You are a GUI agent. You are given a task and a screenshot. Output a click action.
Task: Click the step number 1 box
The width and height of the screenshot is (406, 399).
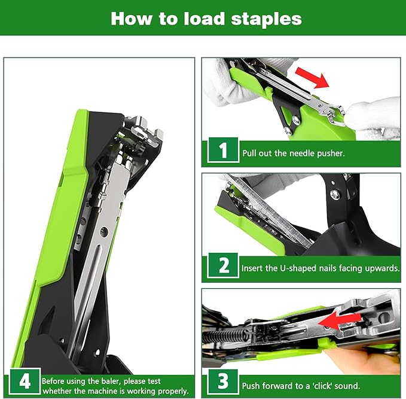[223, 151]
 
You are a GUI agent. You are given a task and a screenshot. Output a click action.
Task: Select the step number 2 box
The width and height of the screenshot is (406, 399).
[223, 266]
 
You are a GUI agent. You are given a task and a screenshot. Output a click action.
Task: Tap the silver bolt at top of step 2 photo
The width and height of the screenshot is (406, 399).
[335, 194]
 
